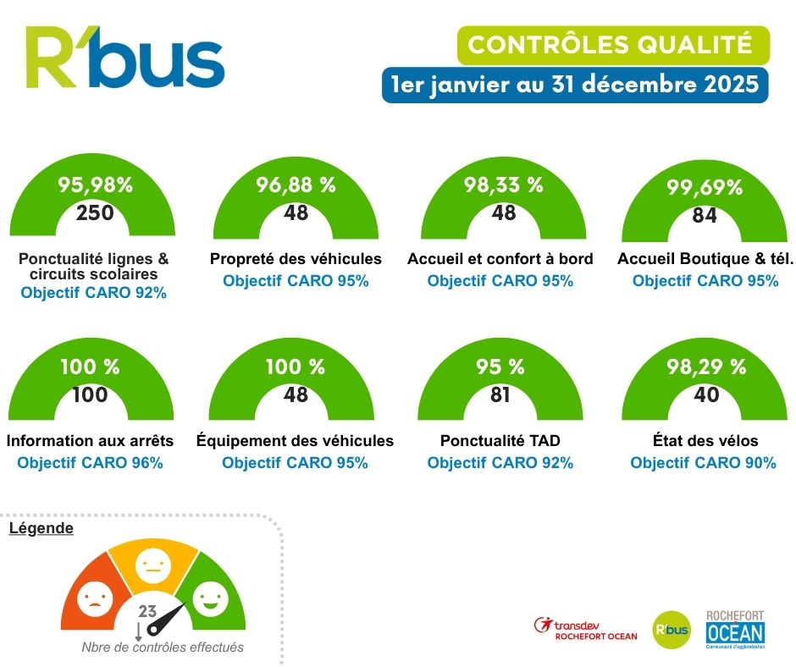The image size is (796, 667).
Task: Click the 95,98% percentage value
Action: (95, 185)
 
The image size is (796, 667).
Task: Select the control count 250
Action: (95, 212)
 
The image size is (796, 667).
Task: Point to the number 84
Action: (704, 216)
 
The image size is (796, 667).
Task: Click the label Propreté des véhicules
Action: (296, 258)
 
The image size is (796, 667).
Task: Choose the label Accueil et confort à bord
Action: (500, 258)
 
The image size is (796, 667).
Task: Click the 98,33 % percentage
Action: (503, 185)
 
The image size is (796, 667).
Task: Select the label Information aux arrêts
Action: (90, 440)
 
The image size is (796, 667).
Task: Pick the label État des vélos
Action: (704, 440)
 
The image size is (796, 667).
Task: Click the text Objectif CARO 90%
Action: (704, 463)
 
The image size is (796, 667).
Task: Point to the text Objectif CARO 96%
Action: (90, 463)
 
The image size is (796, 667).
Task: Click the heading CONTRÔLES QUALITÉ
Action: (611, 44)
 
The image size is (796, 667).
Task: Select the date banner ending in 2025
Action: (575, 85)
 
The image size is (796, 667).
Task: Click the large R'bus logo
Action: (124, 58)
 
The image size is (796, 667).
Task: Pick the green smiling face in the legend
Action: (208, 600)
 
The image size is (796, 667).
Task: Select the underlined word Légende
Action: (41, 528)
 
